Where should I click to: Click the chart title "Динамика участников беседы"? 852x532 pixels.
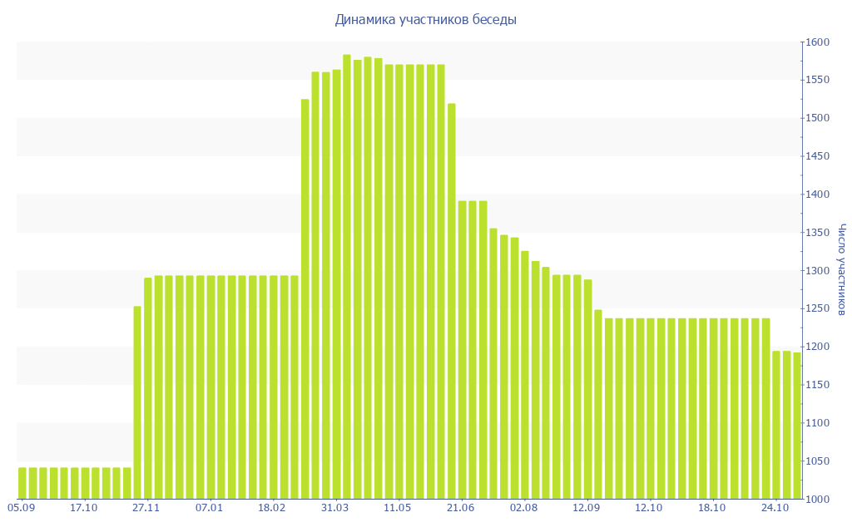tap(425, 19)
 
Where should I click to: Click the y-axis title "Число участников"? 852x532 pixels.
tap(842, 269)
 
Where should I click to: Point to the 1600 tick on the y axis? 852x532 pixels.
tap(817, 42)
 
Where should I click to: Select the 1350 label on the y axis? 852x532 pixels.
tap(817, 233)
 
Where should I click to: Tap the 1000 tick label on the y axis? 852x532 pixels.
tap(817, 499)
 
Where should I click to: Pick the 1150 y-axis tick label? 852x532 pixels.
tap(817, 385)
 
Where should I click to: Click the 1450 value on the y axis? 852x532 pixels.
tap(817, 156)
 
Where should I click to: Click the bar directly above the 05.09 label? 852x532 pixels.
tap(22, 483)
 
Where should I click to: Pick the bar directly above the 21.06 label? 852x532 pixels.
tap(463, 349)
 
